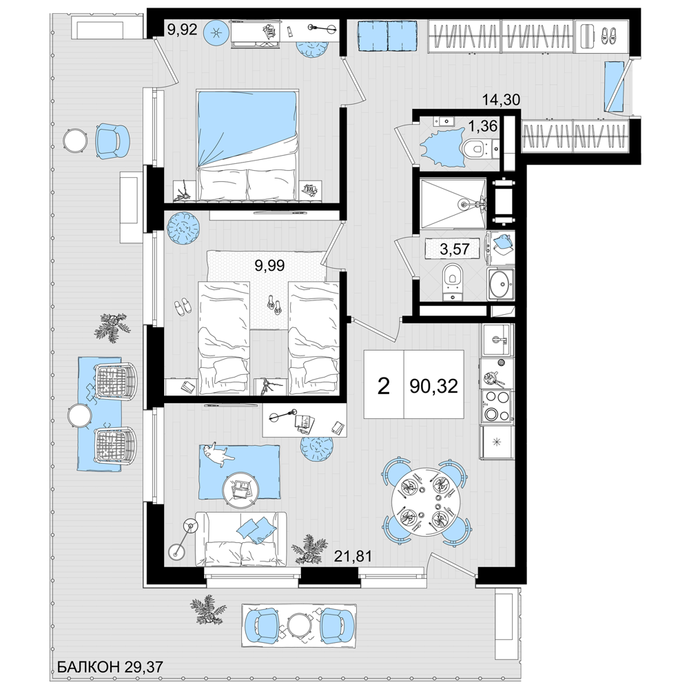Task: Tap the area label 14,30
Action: (x=501, y=100)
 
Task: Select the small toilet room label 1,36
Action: (x=482, y=127)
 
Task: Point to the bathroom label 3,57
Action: (x=455, y=249)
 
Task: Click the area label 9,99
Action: (x=270, y=265)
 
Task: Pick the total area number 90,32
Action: (x=433, y=387)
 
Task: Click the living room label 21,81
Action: (x=353, y=557)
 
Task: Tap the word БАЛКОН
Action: (x=87, y=667)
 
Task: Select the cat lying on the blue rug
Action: (x=219, y=453)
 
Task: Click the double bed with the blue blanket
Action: (x=247, y=145)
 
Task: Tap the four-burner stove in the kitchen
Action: (x=497, y=406)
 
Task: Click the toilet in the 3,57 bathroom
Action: (x=453, y=280)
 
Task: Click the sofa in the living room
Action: (x=240, y=539)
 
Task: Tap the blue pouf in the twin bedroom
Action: (x=184, y=227)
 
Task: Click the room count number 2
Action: (x=384, y=387)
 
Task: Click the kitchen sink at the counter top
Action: (x=497, y=340)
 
